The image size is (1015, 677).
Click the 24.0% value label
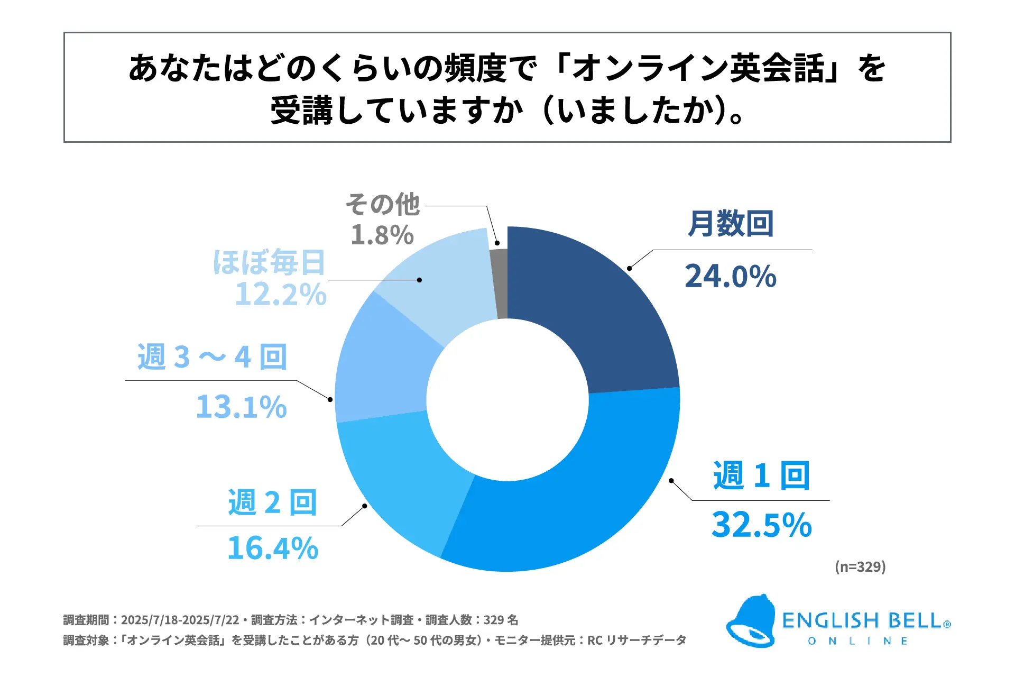point(731,276)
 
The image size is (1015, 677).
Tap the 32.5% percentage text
point(761,525)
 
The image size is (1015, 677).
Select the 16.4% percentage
point(273,548)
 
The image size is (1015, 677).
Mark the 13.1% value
point(241,407)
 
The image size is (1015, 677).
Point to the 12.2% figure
point(281,294)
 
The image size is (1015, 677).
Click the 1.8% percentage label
point(382,235)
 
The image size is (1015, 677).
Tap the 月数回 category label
point(731,224)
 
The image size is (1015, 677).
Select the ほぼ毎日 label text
point(269,262)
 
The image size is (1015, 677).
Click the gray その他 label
point(383,204)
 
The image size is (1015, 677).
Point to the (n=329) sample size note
point(860,566)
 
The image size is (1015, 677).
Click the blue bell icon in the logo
point(751,621)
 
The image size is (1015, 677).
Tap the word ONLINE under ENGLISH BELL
point(858,641)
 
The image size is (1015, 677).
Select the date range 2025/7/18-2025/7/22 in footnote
point(180,620)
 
